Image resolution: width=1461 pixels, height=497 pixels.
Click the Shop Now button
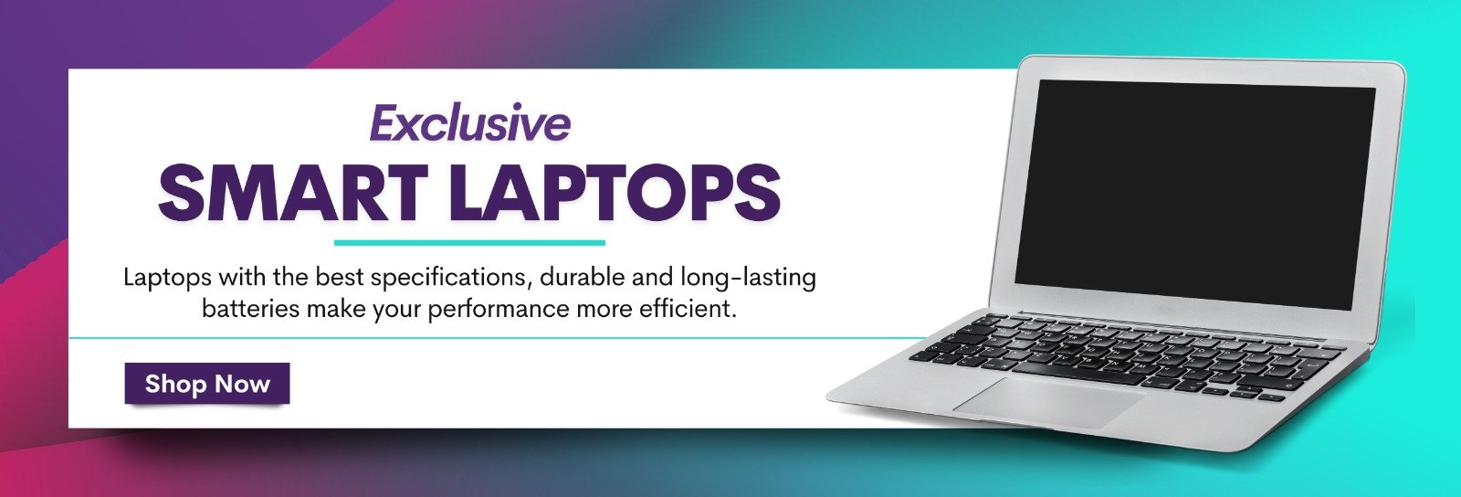click(206, 384)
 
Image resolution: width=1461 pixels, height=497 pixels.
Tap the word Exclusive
click(469, 123)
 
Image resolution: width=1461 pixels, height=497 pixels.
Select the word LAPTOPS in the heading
click(614, 192)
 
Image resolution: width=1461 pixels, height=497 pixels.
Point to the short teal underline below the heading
click(469, 243)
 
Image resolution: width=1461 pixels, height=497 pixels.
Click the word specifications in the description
click(448, 278)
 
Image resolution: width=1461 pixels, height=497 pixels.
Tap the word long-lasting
click(748, 278)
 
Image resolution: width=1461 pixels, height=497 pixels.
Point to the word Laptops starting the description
click(167, 278)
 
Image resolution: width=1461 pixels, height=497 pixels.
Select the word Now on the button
click(243, 384)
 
